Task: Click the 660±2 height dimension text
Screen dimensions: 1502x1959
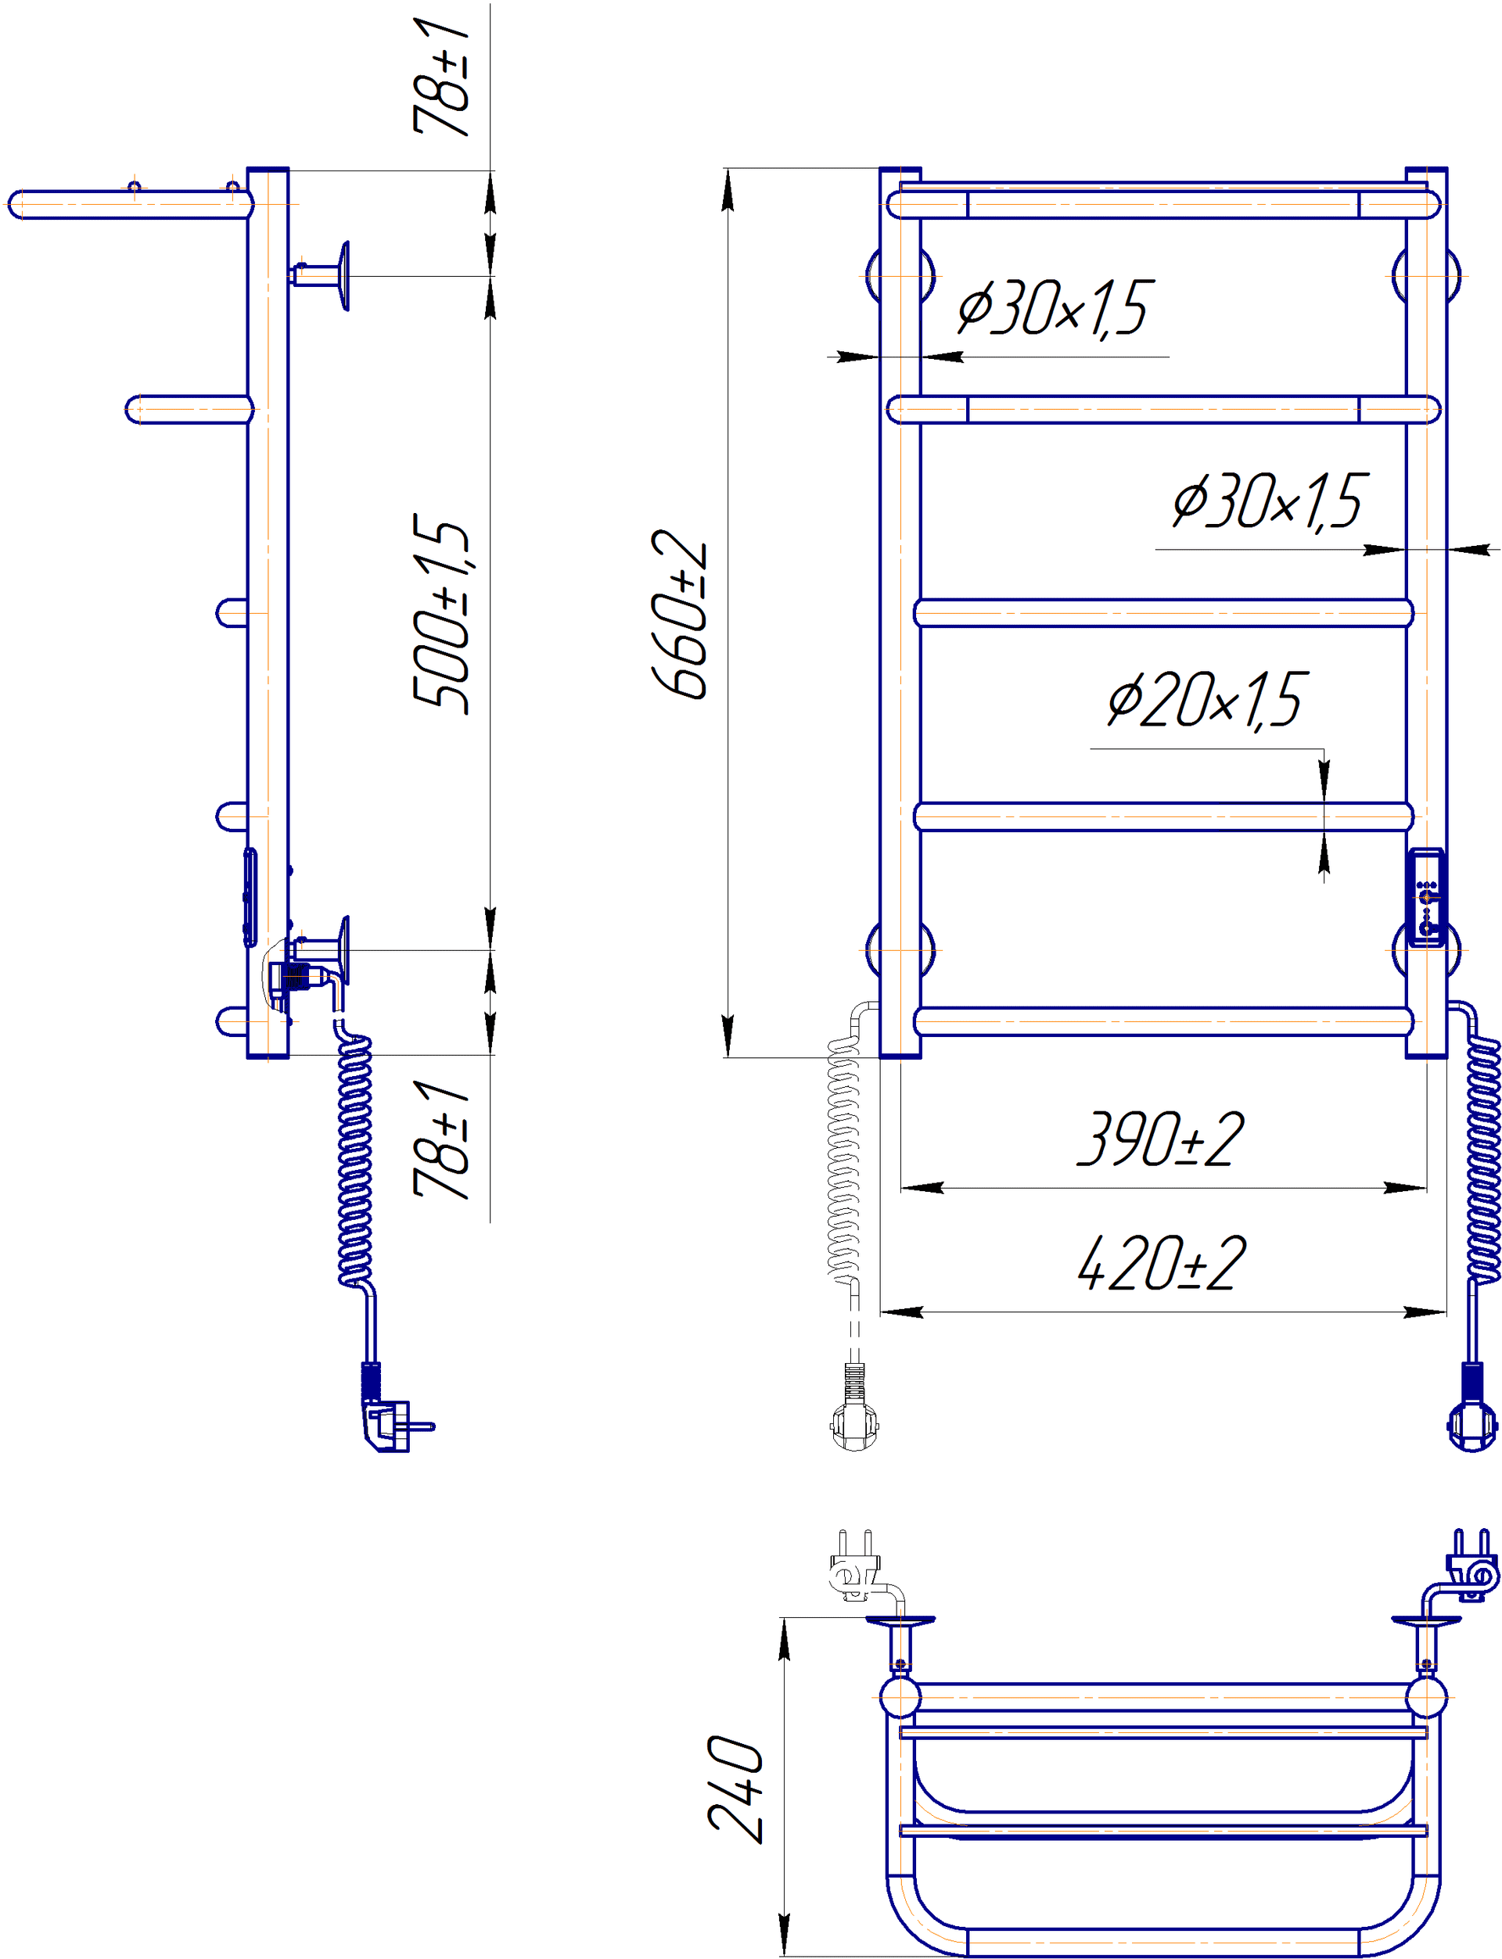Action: tap(680, 613)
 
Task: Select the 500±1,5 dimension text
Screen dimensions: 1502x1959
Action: tap(440, 614)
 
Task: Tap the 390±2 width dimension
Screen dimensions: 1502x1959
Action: tap(1160, 1139)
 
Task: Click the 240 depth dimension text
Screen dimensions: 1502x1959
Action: tap(735, 1789)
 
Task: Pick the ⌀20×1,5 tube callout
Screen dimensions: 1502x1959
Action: tap(1208, 700)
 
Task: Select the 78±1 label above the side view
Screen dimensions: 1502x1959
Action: tap(440, 76)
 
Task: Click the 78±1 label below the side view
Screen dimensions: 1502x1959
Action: tap(440, 1139)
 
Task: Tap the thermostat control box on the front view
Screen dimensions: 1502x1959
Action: tap(1426, 897)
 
